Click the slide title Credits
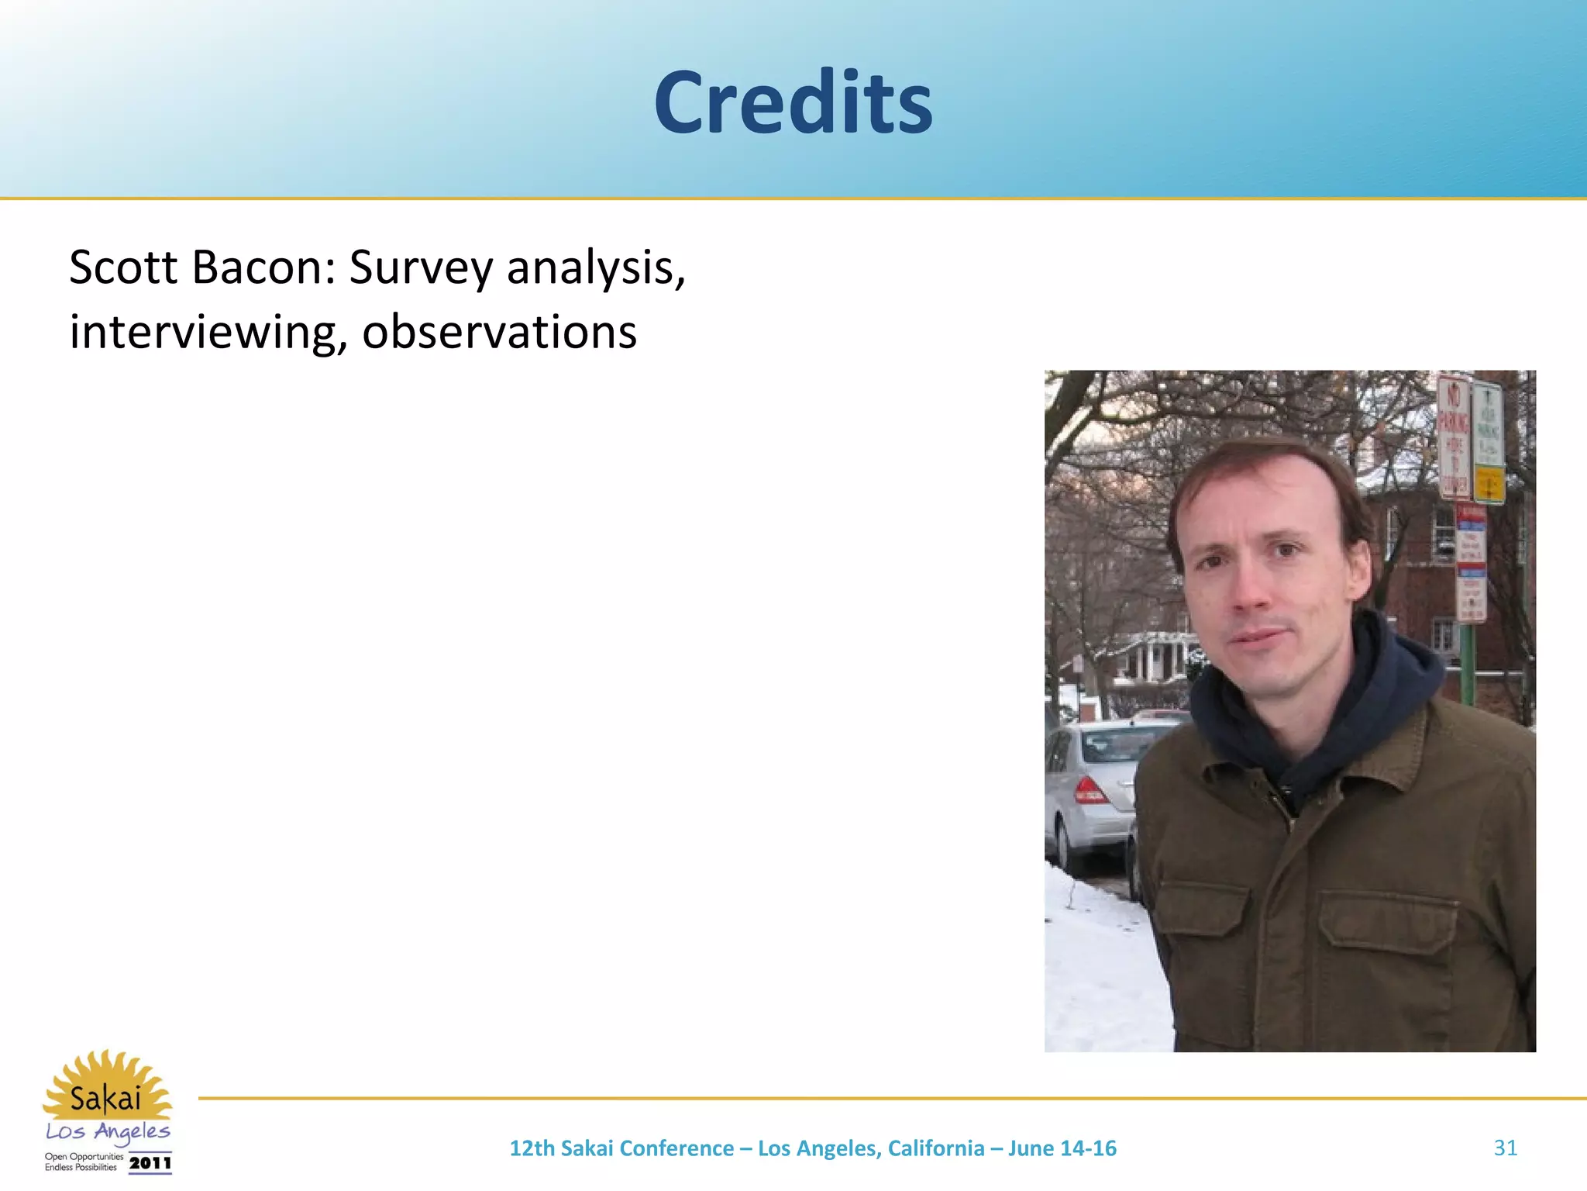[x=793, y=103]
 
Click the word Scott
[x=123, y=268]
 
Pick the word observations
[x=499, y=332]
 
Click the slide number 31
[x=1505, y=1148]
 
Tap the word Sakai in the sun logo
[x=106, y=1098]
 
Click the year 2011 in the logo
[x=150, y=1163]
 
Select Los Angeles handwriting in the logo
[x=108, y=1132]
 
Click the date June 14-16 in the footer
[x=1062, y=1148]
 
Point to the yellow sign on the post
[x=1489, y=485]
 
